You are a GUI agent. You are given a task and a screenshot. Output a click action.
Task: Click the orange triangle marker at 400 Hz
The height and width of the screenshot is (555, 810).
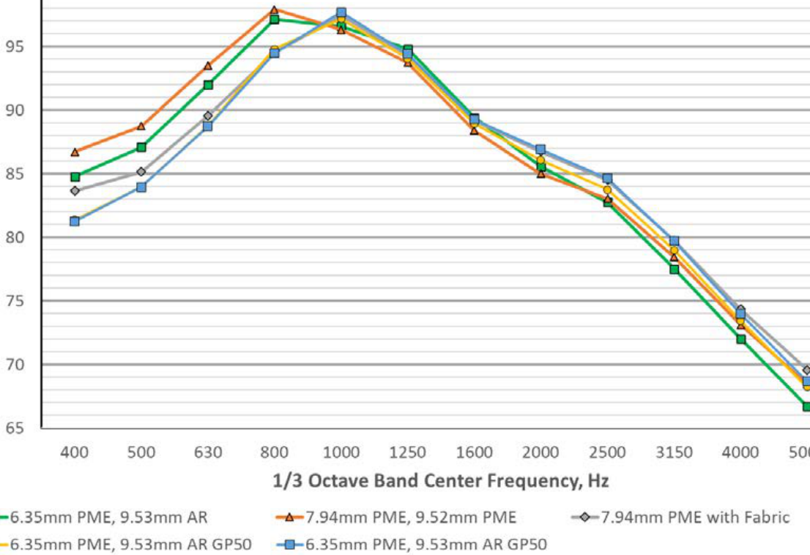75,152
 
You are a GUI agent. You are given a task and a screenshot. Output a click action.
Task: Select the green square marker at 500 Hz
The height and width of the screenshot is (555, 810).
141,147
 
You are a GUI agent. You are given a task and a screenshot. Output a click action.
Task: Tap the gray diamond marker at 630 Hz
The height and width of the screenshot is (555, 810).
208,116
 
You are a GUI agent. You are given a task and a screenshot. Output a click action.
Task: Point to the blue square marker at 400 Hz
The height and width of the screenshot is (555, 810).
75,221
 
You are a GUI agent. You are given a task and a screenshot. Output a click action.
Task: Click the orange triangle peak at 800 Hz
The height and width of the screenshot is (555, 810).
274,10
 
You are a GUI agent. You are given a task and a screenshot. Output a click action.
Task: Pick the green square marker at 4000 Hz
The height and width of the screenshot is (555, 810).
740,339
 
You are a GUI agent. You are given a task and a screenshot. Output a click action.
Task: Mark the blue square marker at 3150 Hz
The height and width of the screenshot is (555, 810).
674,241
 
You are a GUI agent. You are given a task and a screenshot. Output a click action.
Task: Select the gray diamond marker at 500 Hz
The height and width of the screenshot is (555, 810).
141,171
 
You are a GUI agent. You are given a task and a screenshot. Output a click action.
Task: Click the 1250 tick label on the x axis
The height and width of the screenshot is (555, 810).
407,452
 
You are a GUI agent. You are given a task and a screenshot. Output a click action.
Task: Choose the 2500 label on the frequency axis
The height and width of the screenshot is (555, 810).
607,452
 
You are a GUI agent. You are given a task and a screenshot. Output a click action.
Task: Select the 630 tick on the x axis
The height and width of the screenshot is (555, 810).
207,452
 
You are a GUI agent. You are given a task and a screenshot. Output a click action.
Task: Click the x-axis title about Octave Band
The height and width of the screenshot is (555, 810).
440,481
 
